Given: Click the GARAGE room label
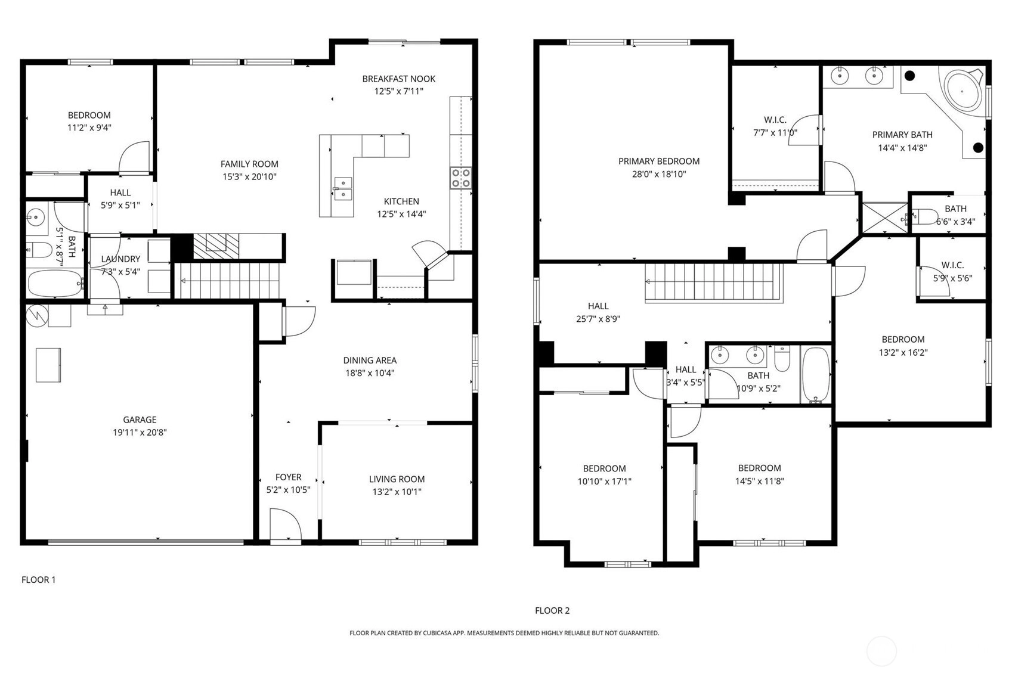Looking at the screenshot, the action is tap(140, 420).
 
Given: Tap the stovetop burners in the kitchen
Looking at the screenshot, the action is tap(460, 178).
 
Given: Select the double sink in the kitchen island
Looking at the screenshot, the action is tap(342, 189).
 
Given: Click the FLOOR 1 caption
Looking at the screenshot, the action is tap(38, 580).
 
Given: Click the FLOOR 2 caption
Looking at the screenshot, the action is tap(552, 611).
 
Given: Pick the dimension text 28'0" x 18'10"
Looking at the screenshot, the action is tap(659, 174).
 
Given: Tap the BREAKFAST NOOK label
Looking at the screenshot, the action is tap(398, 79).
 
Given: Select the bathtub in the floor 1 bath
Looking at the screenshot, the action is tap(55, 283).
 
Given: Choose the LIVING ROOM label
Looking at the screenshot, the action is tap(397, 480).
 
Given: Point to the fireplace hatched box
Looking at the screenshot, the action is tap(216, 247).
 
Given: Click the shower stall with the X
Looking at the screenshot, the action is tap(884, 218).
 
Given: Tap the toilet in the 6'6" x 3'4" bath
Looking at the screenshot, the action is tap(924, 217).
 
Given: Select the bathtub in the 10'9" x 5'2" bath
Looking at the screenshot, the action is tap(815, 375).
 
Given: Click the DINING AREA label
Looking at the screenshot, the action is tap(370, 361).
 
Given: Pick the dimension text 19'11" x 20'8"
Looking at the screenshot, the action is tap(140, 433).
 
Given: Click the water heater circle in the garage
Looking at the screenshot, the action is tap(37, 316).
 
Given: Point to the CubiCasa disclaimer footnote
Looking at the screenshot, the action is tap(504, 633).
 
